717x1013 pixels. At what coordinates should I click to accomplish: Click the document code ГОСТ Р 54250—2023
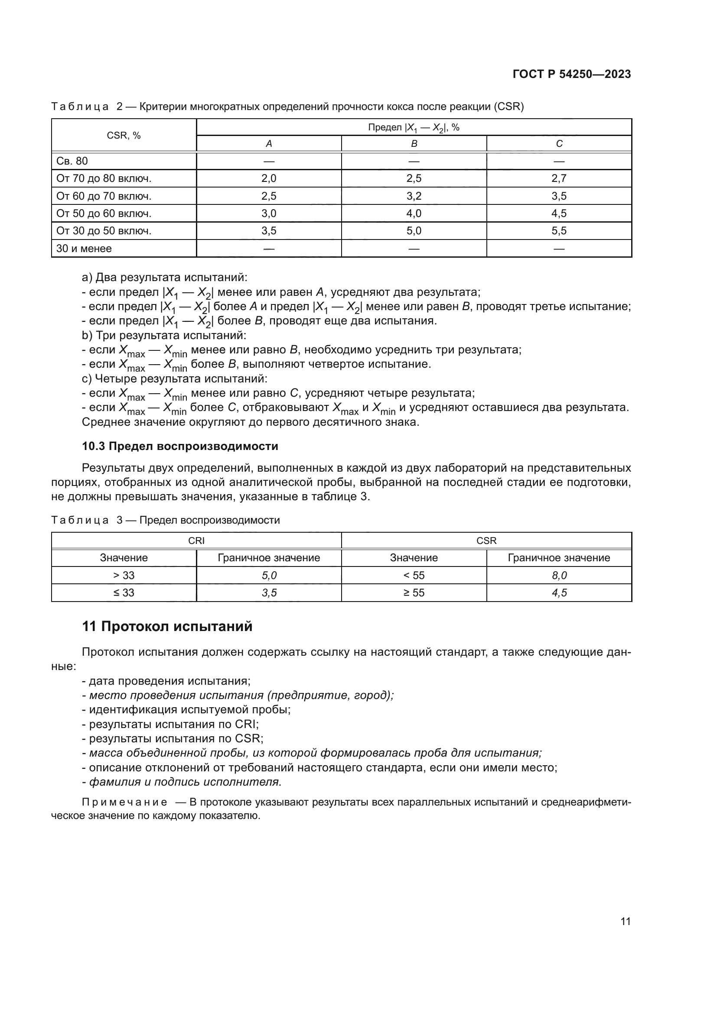(x=571, y=74)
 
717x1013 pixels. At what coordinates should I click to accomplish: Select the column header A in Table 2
(x=268, y=144)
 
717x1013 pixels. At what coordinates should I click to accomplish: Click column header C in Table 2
(x=559, y=144)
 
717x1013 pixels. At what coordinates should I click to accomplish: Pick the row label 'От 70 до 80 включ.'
(x=104, y=179)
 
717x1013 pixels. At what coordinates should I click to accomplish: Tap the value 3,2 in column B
(x=414, y=196)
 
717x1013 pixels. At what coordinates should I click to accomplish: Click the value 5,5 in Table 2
(x=559, y=231)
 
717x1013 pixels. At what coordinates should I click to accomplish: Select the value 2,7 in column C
(x=559, y=179)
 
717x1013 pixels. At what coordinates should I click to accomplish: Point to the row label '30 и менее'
(x=84, y=249)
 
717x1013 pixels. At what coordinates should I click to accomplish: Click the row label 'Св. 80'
(x=72, y=161)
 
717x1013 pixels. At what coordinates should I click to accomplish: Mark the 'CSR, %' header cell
(x=124, y=136)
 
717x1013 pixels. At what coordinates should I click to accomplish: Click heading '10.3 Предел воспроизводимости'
(x=180, y=446)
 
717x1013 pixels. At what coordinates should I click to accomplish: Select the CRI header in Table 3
(x=196, y=540)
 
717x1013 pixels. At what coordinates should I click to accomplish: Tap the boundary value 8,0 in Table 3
(x=559, y=575)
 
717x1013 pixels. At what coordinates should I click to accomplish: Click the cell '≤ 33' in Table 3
(x=124, y=592)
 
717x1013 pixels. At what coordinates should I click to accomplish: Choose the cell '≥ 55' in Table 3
(x=414, y=592)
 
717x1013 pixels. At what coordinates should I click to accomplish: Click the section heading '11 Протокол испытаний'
(x=167, y=626)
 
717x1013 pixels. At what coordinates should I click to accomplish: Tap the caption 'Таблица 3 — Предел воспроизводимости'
(x=166, y=520)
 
